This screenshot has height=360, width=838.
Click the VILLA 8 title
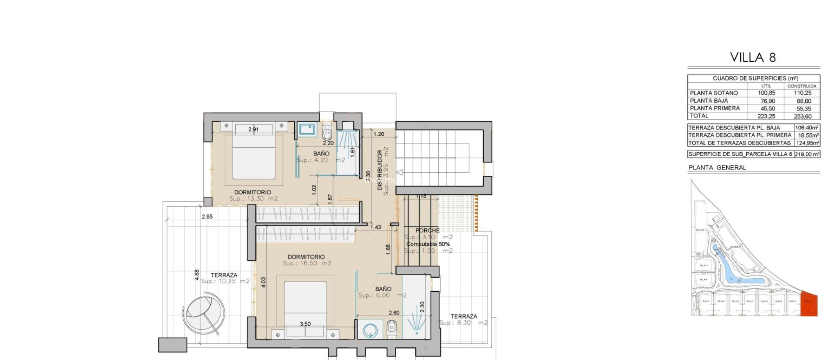[x=753, y=57]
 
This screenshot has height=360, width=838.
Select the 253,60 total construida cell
[x=802, y=116]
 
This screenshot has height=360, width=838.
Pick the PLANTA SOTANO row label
[x=714, y=93]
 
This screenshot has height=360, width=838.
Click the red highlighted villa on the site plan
[x=809, y=303]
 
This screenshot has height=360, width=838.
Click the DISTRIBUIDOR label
[x=380, y=170]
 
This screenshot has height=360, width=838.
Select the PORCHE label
[x=427, y=230]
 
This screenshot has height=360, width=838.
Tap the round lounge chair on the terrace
[x=203, y=314]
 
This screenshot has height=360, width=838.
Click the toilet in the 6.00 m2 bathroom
[x=392, y=329]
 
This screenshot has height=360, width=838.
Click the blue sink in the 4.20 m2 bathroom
[x=306, y=130]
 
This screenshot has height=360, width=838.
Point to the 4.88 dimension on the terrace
[x=197, y=274]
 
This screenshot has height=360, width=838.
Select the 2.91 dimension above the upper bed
[x=253, y=129]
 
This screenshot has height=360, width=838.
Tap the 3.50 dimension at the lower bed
[x=305, y=324]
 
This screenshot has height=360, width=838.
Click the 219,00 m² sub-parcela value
[x=807, y=154]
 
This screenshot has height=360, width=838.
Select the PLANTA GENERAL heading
[x=717, y=167]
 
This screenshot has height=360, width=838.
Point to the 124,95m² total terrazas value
[x=807, y=143]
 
